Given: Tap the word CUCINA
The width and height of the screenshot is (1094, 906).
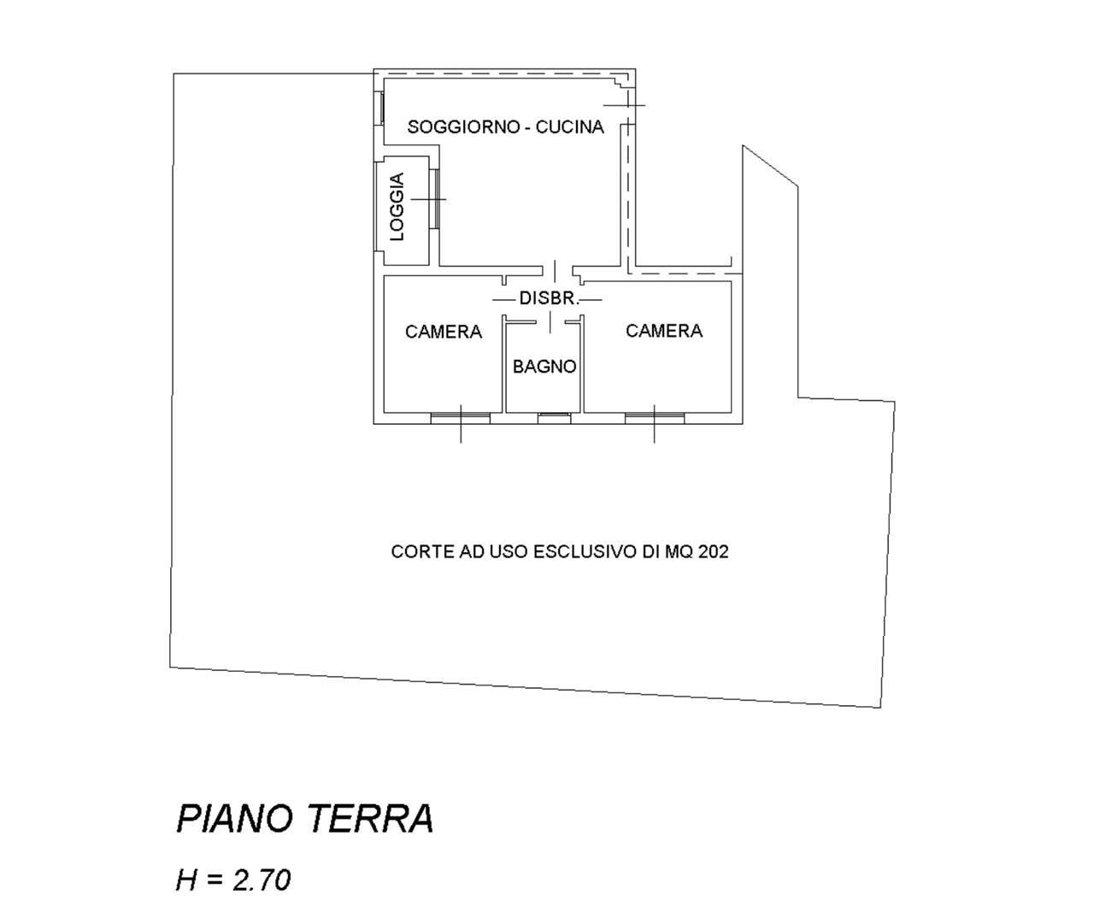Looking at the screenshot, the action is coord(569,126).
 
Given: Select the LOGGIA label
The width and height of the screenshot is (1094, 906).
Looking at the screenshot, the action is coord(397,207).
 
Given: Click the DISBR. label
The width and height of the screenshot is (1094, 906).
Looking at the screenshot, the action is coord(549,298).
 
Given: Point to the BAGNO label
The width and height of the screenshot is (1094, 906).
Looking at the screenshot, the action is coord(544,367).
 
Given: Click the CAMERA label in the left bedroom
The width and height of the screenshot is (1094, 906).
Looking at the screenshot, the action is coord(444,332).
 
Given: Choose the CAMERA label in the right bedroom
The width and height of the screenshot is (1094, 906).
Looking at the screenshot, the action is coord(664,331).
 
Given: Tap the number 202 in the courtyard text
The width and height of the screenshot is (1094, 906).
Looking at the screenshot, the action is coord(713,552).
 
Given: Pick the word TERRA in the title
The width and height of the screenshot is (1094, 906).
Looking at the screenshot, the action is coord(372,819).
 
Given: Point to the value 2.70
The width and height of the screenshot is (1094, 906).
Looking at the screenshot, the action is coord(262,880).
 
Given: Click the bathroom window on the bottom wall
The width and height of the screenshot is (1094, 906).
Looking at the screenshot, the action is coord(555,418).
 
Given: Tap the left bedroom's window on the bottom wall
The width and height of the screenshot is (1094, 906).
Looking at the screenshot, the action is coord(460,418).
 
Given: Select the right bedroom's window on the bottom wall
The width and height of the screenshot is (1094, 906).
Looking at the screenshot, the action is coord(655,418).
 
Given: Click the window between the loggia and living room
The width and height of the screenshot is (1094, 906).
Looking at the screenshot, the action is coord(434,199).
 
